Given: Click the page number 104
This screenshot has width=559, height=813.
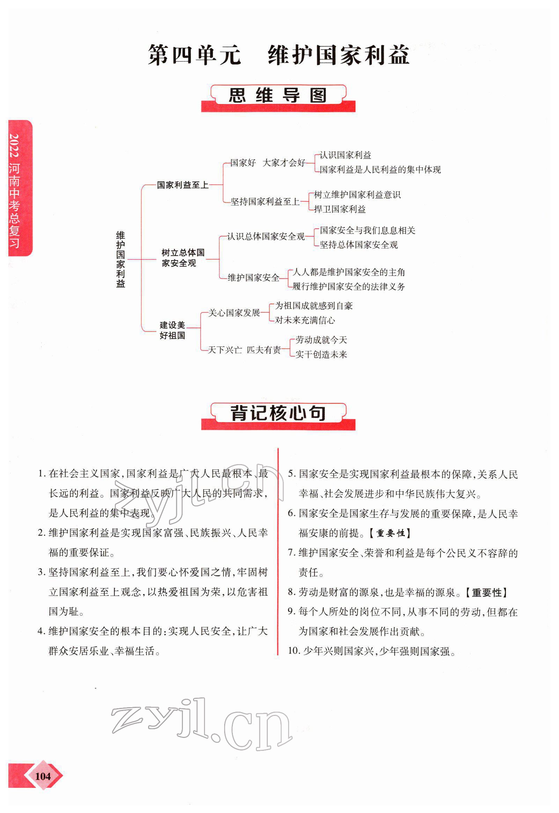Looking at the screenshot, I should point(43,776).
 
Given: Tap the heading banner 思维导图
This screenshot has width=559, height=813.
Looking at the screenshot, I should point(278,96).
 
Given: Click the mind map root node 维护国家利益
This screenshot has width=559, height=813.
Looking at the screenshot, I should point(120,259).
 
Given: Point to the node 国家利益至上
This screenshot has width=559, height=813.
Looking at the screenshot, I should point(183,185).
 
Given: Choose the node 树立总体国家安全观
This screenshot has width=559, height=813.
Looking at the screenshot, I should point(183,258).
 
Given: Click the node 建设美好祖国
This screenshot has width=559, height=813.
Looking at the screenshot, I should point(172,330).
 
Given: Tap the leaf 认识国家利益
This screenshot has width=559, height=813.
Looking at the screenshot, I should point(345,155).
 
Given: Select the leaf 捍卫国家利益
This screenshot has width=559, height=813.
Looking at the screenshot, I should point(339,209).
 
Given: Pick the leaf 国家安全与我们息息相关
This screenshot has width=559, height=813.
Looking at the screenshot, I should point(367,230).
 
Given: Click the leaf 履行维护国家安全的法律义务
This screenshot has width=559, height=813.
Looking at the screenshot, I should point(348,286).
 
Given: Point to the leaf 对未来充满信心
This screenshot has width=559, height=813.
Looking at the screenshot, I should point(305,320).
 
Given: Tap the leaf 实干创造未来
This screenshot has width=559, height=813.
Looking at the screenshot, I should point(321,354).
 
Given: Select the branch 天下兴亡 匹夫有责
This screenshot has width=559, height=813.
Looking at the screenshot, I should point(244,350).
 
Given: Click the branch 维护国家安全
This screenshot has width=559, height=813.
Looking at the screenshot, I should point(253,278).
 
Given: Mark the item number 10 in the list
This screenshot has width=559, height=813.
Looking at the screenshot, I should point(294,651).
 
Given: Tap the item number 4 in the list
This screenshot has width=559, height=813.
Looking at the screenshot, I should point(41,631).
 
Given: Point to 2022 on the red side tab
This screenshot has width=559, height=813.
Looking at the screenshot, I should point(14,145).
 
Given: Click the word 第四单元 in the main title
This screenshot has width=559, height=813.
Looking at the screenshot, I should point(194,55).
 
